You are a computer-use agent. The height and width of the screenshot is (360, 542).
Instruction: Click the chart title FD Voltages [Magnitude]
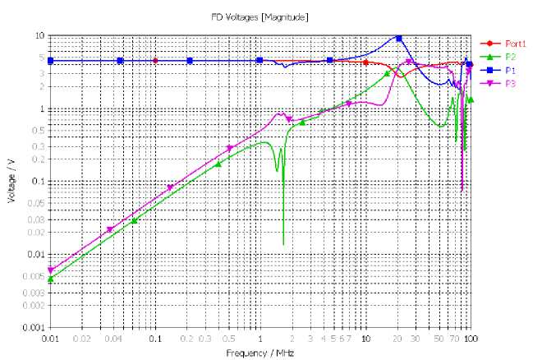pos(260,16)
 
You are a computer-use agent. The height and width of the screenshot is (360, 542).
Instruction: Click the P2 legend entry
pos(510,57)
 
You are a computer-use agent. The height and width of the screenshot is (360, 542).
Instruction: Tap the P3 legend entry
pos(510,83)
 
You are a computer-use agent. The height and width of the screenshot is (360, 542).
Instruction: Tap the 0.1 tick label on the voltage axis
pos(38,182)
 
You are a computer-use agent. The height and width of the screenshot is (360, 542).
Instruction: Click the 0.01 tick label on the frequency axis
pos(51,339)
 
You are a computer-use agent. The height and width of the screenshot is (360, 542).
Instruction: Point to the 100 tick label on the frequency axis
pos(471,339)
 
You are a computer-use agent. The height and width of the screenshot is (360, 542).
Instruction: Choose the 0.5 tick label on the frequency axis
pos(229,339)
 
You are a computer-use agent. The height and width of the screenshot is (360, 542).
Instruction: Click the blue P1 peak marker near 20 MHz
pos(398,39)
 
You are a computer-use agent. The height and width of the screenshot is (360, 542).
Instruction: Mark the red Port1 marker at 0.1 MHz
pos(155,60)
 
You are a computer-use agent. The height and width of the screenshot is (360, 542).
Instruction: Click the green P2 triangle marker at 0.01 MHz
pos(51,279)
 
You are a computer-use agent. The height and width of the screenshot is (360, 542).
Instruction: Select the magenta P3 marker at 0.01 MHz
pos(51,270)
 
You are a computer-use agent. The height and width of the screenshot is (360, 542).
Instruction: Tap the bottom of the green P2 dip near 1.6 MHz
pos(283,244)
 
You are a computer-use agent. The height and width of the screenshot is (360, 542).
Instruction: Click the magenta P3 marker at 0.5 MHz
pos(230,148)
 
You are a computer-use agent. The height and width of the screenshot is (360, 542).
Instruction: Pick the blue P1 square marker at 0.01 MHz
pos(51,60)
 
